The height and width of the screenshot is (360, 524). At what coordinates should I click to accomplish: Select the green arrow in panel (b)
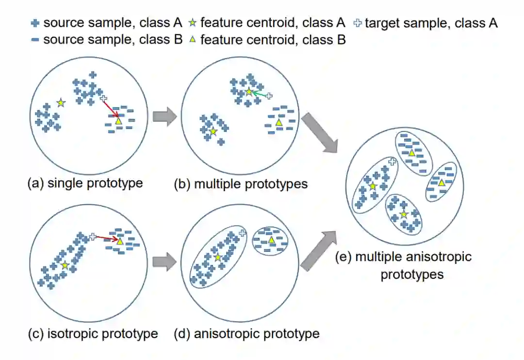[260, 93]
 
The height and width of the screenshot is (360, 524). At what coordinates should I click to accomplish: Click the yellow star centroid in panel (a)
[61, 102]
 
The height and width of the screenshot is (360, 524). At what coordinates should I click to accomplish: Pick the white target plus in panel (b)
[269, 96]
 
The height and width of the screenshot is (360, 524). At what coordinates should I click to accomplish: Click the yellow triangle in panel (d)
[272, 241]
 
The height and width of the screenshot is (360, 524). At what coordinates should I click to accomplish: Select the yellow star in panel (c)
[65, 265]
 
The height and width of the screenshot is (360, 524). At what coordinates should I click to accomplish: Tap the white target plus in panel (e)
[392, 162]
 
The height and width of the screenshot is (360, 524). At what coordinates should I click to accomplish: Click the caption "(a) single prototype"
[85, 183]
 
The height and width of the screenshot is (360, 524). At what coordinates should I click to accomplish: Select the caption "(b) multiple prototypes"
[241, 184]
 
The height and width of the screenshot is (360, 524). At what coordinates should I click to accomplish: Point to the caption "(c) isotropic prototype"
[93, 334]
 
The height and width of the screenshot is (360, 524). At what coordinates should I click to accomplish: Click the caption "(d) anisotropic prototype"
[246, 334]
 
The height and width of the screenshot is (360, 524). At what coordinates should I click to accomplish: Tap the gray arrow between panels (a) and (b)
[164, 117]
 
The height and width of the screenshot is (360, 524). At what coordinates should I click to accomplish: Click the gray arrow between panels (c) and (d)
[164, 262]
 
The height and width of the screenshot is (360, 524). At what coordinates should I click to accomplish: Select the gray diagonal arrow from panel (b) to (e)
[321, 134]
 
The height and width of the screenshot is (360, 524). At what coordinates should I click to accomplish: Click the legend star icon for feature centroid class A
[193, 22]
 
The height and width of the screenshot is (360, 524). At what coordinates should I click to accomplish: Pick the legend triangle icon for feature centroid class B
[193, 40]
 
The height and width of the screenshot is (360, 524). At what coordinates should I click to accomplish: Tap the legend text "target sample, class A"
[431, 23]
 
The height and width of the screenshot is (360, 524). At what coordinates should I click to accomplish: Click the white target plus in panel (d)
[243, 233]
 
